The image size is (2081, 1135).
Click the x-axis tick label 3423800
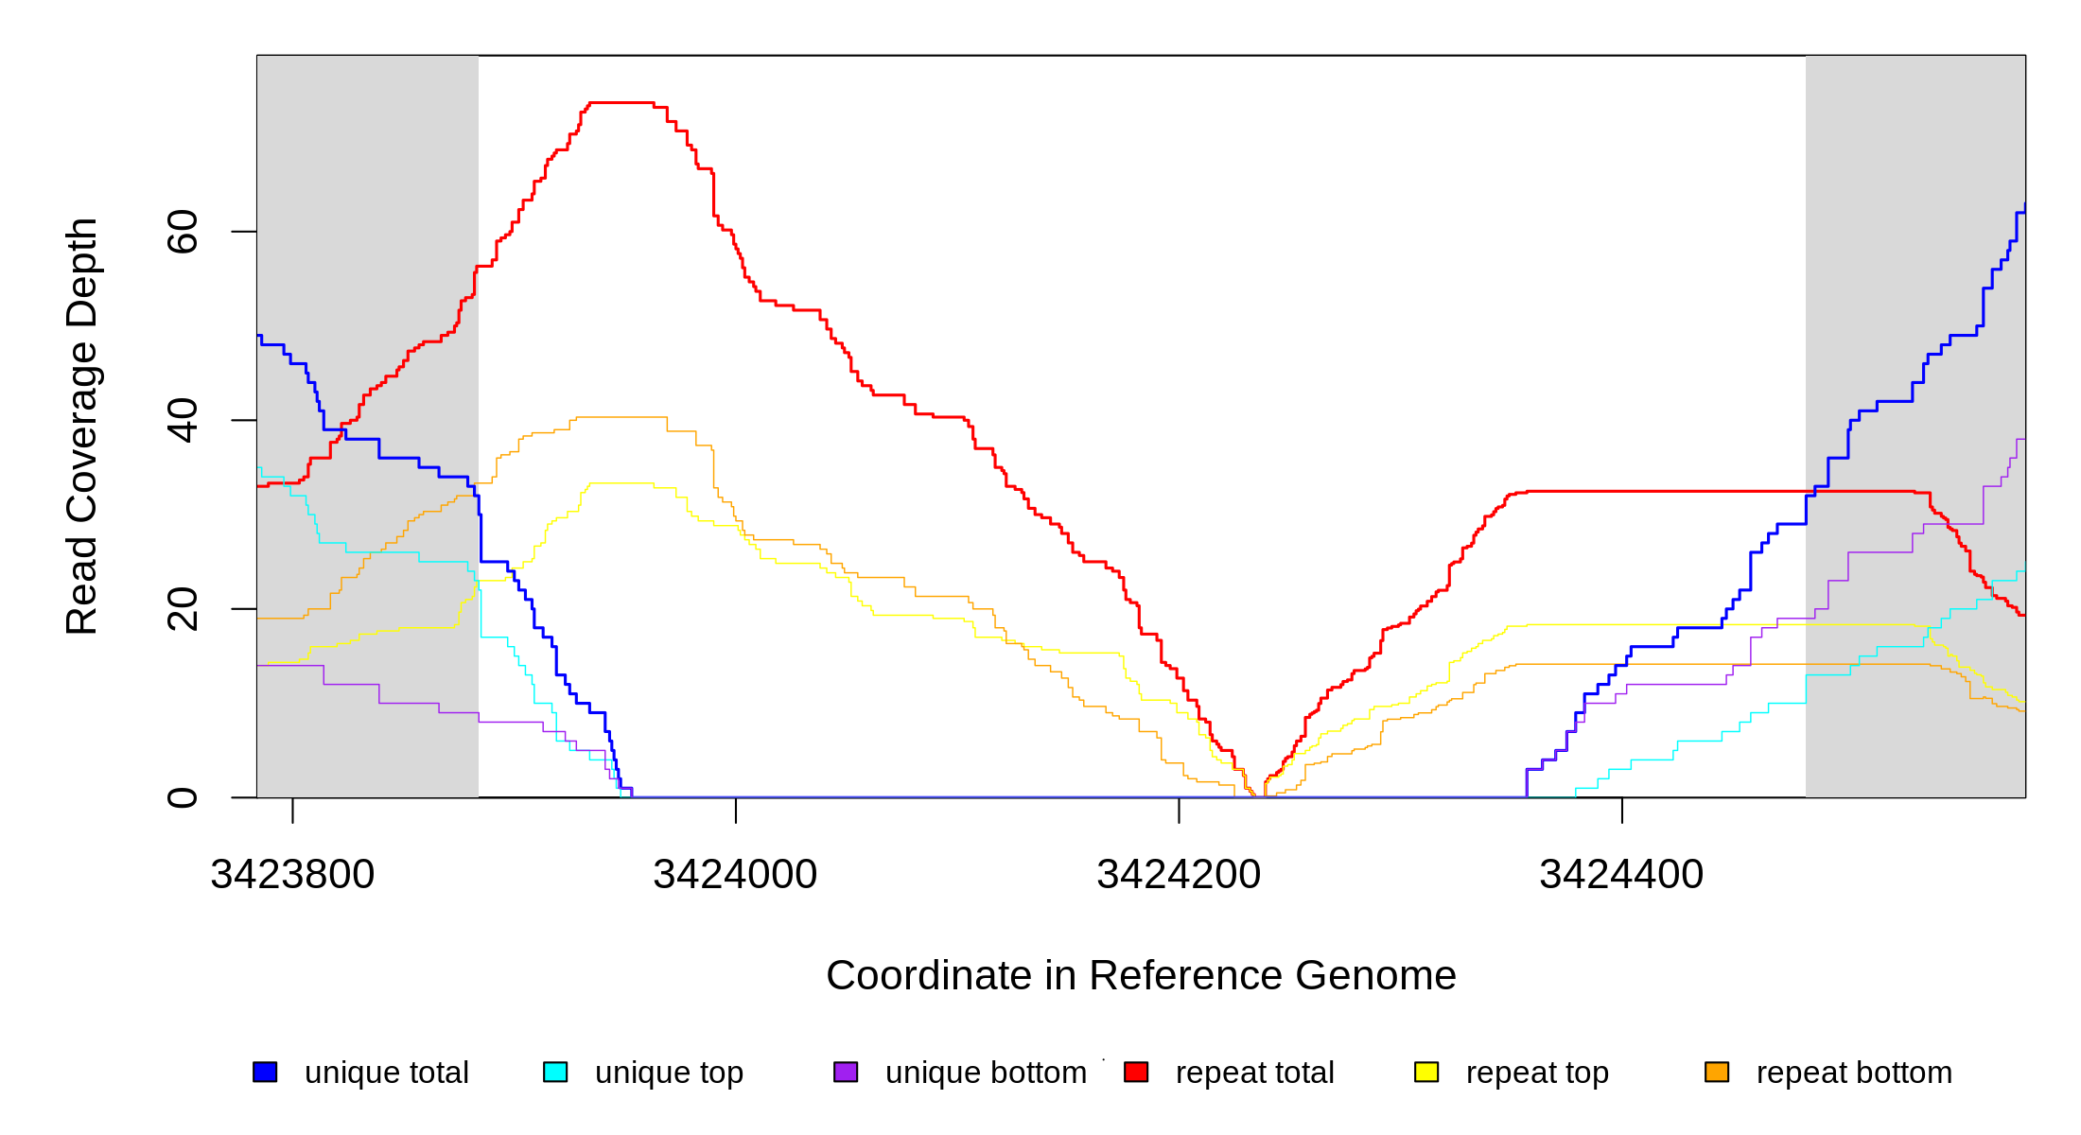(x=292, y=875)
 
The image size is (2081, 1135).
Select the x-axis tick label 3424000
(x=735, y=875)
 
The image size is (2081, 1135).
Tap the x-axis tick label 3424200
(x=1179, y=875)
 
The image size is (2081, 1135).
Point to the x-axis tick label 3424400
(x=1621, y=875)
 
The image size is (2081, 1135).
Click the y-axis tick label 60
(x=183, y=232)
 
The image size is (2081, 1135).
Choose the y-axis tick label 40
(x=183, y=420)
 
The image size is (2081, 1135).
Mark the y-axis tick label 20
(x=183, y=608)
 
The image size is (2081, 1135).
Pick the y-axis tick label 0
(x=183, y=797)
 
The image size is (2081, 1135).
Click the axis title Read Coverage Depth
(x=82, y=426)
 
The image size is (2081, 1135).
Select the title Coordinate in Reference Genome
(x=1141, y=975)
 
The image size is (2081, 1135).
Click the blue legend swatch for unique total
(x=265, y=1072)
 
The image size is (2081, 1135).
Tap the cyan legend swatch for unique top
(x=555, y=1072)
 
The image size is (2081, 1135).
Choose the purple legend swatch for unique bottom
(x=846, y=1072)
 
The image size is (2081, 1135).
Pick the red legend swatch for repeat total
(x=1136, y=1072)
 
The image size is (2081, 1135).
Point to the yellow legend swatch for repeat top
(x=1426, y=1072)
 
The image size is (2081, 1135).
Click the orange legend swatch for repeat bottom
(x=1717, y=1072)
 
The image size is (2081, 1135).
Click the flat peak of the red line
(x=621, y=102)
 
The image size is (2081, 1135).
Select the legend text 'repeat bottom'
(x=1854, y=1073)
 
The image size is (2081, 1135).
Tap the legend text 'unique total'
(x=386, y=1073)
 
